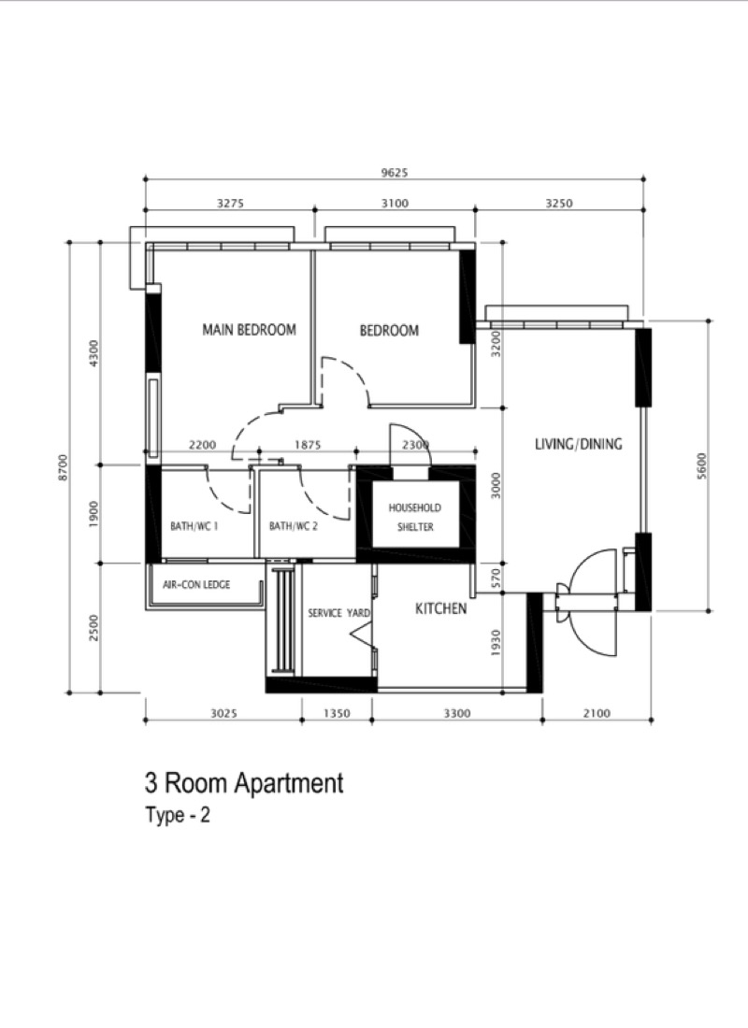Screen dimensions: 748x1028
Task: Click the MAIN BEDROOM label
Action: point(249,329)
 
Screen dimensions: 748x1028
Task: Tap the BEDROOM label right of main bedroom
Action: point(389,331)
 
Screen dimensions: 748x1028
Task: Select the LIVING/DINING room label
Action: point(578,444)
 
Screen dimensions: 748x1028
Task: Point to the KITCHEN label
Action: point(441,608)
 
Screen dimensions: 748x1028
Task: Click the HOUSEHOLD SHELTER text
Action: point(415,517)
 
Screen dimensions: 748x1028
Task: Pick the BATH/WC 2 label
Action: point(294,526)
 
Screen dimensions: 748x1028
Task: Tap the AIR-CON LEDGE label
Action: point(196,584)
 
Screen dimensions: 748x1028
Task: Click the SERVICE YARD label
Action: point(339,613)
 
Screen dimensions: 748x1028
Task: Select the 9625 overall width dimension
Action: point(395,173)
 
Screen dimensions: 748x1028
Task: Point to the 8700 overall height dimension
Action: point(63,467)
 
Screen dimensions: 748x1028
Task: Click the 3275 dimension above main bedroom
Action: point(230,203)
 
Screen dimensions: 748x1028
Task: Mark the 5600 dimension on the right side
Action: point(702,466)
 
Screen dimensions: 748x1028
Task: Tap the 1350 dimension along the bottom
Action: point(338,713)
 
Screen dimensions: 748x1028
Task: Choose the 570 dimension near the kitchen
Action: point(496,578)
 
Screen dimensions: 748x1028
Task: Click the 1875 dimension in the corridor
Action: point(307,445)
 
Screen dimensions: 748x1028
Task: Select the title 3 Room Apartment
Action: point(244,783)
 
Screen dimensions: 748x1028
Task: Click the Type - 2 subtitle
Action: point(178,815)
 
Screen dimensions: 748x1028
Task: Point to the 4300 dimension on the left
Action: point(93,353)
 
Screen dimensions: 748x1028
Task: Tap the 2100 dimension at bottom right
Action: point(597,713)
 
